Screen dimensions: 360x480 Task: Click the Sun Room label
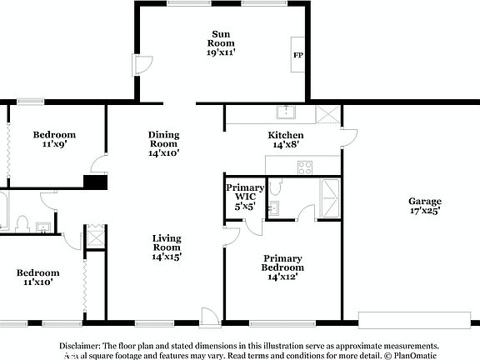tap(221, 38)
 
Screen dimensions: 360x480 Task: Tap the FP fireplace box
tap(297, 56)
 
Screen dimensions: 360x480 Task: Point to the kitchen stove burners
tap(305, 167)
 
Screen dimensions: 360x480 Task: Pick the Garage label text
tap(424, 202)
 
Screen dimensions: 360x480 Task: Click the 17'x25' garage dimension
tap(424, 212)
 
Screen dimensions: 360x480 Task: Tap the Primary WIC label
tap(245, 193)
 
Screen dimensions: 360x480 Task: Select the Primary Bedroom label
tap(283, 263)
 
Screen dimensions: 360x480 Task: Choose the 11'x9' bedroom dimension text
tap(54, 145)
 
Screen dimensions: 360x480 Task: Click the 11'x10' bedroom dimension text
tap(37, 282)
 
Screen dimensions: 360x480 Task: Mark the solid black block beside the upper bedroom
tap(95, 183)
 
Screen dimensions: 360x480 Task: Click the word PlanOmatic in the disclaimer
tap(414, 355)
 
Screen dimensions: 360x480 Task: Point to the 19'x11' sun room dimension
tap(221, 52)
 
